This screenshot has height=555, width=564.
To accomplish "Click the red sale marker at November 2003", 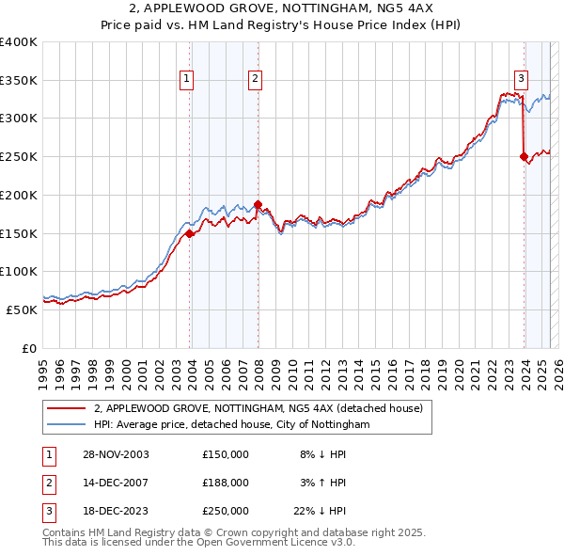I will coord(190,233).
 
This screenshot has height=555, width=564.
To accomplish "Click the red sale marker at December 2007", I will coord(258,204).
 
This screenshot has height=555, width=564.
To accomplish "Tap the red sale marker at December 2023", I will coord(524,157).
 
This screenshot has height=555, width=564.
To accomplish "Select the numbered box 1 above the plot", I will coord(188,79).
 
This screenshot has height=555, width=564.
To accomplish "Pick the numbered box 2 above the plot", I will coord(255,79).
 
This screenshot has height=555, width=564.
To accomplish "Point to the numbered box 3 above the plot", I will coord(520,79).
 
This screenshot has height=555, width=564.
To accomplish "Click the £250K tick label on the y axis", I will coord(19,157).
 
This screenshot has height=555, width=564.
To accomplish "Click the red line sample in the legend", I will coord(66,408).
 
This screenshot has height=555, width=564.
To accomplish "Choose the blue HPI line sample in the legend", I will coord(66,425).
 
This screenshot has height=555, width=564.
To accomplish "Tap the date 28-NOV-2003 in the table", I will coord(115,454).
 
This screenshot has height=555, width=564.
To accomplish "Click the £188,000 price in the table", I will coord(226,483).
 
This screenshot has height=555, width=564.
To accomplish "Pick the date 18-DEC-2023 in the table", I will coord(115,511).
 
